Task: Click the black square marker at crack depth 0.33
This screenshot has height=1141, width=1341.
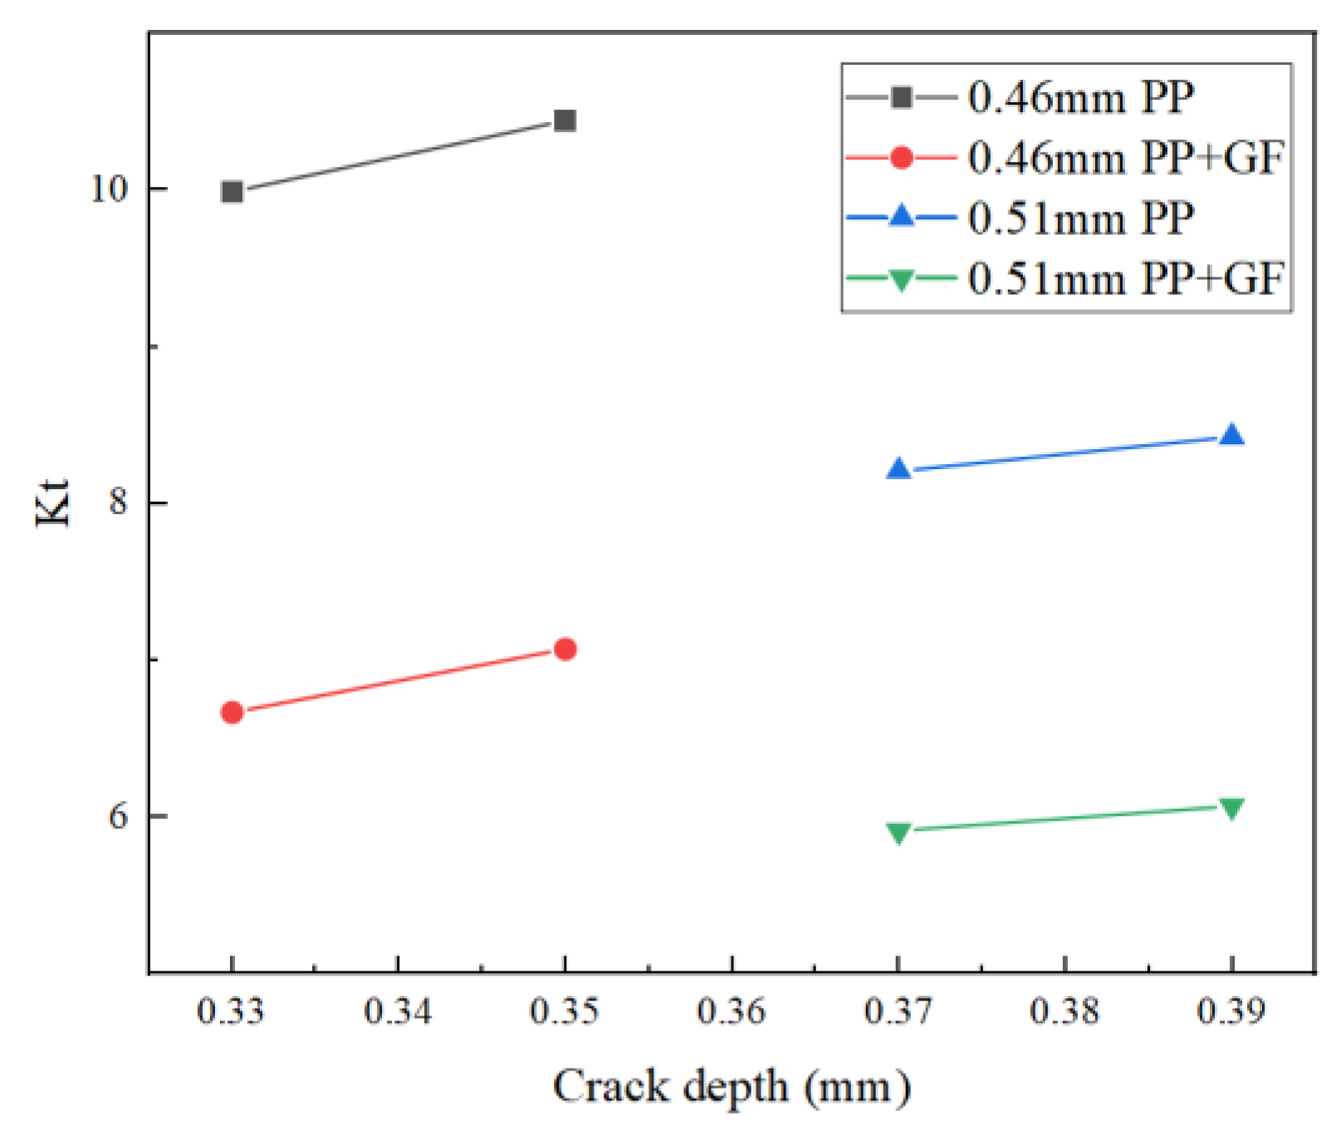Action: pyautogui.click(x=232, y=192)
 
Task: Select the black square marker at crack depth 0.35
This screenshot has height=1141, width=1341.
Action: pyautogui.click(x=565, y=121)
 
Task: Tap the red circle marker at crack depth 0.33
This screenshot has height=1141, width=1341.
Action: pyautogui.click(x=232, y=713)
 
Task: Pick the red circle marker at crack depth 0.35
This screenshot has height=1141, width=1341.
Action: pyautogui.click(x=565, y=649)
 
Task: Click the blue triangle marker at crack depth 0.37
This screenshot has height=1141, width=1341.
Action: pyautogui.click(x=898, y=470)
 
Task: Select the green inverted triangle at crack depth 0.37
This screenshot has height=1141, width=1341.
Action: pyautogui.click(x=898, y=831)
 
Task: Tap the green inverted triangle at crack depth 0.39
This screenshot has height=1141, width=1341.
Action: pyautogui.click(x=1231, y=807)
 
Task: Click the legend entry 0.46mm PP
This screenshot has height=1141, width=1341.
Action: pyautogui.click(x=1080, y=98)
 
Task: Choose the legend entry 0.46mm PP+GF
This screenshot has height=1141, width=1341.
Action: pyautogui.click(x=1125, y=158)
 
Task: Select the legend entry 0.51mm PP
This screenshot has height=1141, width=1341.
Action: pyautogui.click(x=1080, y=218)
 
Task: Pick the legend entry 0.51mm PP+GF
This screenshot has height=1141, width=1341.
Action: pyautogui.click(x=1125, y=278)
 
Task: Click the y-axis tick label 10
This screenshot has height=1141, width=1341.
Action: pyautogui.click(x=109, y=189)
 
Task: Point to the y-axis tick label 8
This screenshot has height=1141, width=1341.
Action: pyautogui.click(x=119, y=502)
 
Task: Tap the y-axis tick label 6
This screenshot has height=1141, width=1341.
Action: pyautogui.click(x=119, y=815)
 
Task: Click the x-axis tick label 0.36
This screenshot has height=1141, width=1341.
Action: pyautogui.click(x=732, y=1011)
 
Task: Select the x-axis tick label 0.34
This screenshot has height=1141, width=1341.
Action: pyautogui.click(x=398, y=1011)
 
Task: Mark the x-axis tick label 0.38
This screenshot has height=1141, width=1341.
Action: pyautogui.click(x=1064, y=1011)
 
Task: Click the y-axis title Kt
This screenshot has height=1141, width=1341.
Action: pyautogui.click(x=53, y=502)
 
